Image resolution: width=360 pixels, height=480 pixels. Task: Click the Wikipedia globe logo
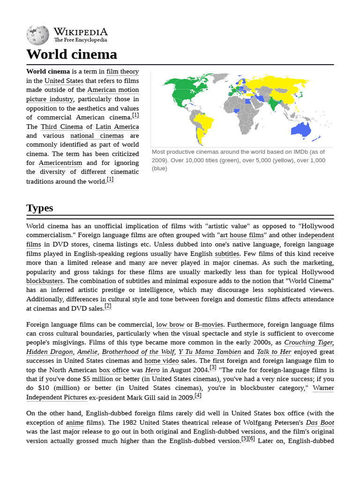37,35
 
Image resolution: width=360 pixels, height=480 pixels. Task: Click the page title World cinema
72,54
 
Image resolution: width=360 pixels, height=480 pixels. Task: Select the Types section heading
40,208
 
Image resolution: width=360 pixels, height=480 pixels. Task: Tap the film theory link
122,71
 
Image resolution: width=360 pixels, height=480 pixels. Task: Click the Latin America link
117,127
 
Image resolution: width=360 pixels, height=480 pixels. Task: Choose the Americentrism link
60,163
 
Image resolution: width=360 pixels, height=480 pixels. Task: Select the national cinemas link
97,135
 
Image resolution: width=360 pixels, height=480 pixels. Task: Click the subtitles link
227,254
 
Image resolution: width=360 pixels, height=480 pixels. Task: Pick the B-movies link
209,324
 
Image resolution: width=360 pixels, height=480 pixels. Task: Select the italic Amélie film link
87,352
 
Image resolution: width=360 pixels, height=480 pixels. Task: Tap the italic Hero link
152,370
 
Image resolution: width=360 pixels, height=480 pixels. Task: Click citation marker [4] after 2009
198,396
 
